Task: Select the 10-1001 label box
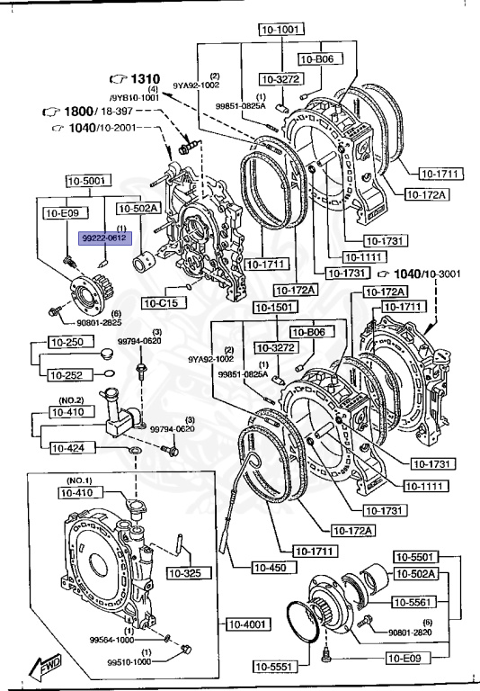(x=278, y=29)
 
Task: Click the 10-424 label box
(x=68, y=447)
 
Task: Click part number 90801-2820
(x=410, y=633)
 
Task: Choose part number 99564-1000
(x=111, y=641)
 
